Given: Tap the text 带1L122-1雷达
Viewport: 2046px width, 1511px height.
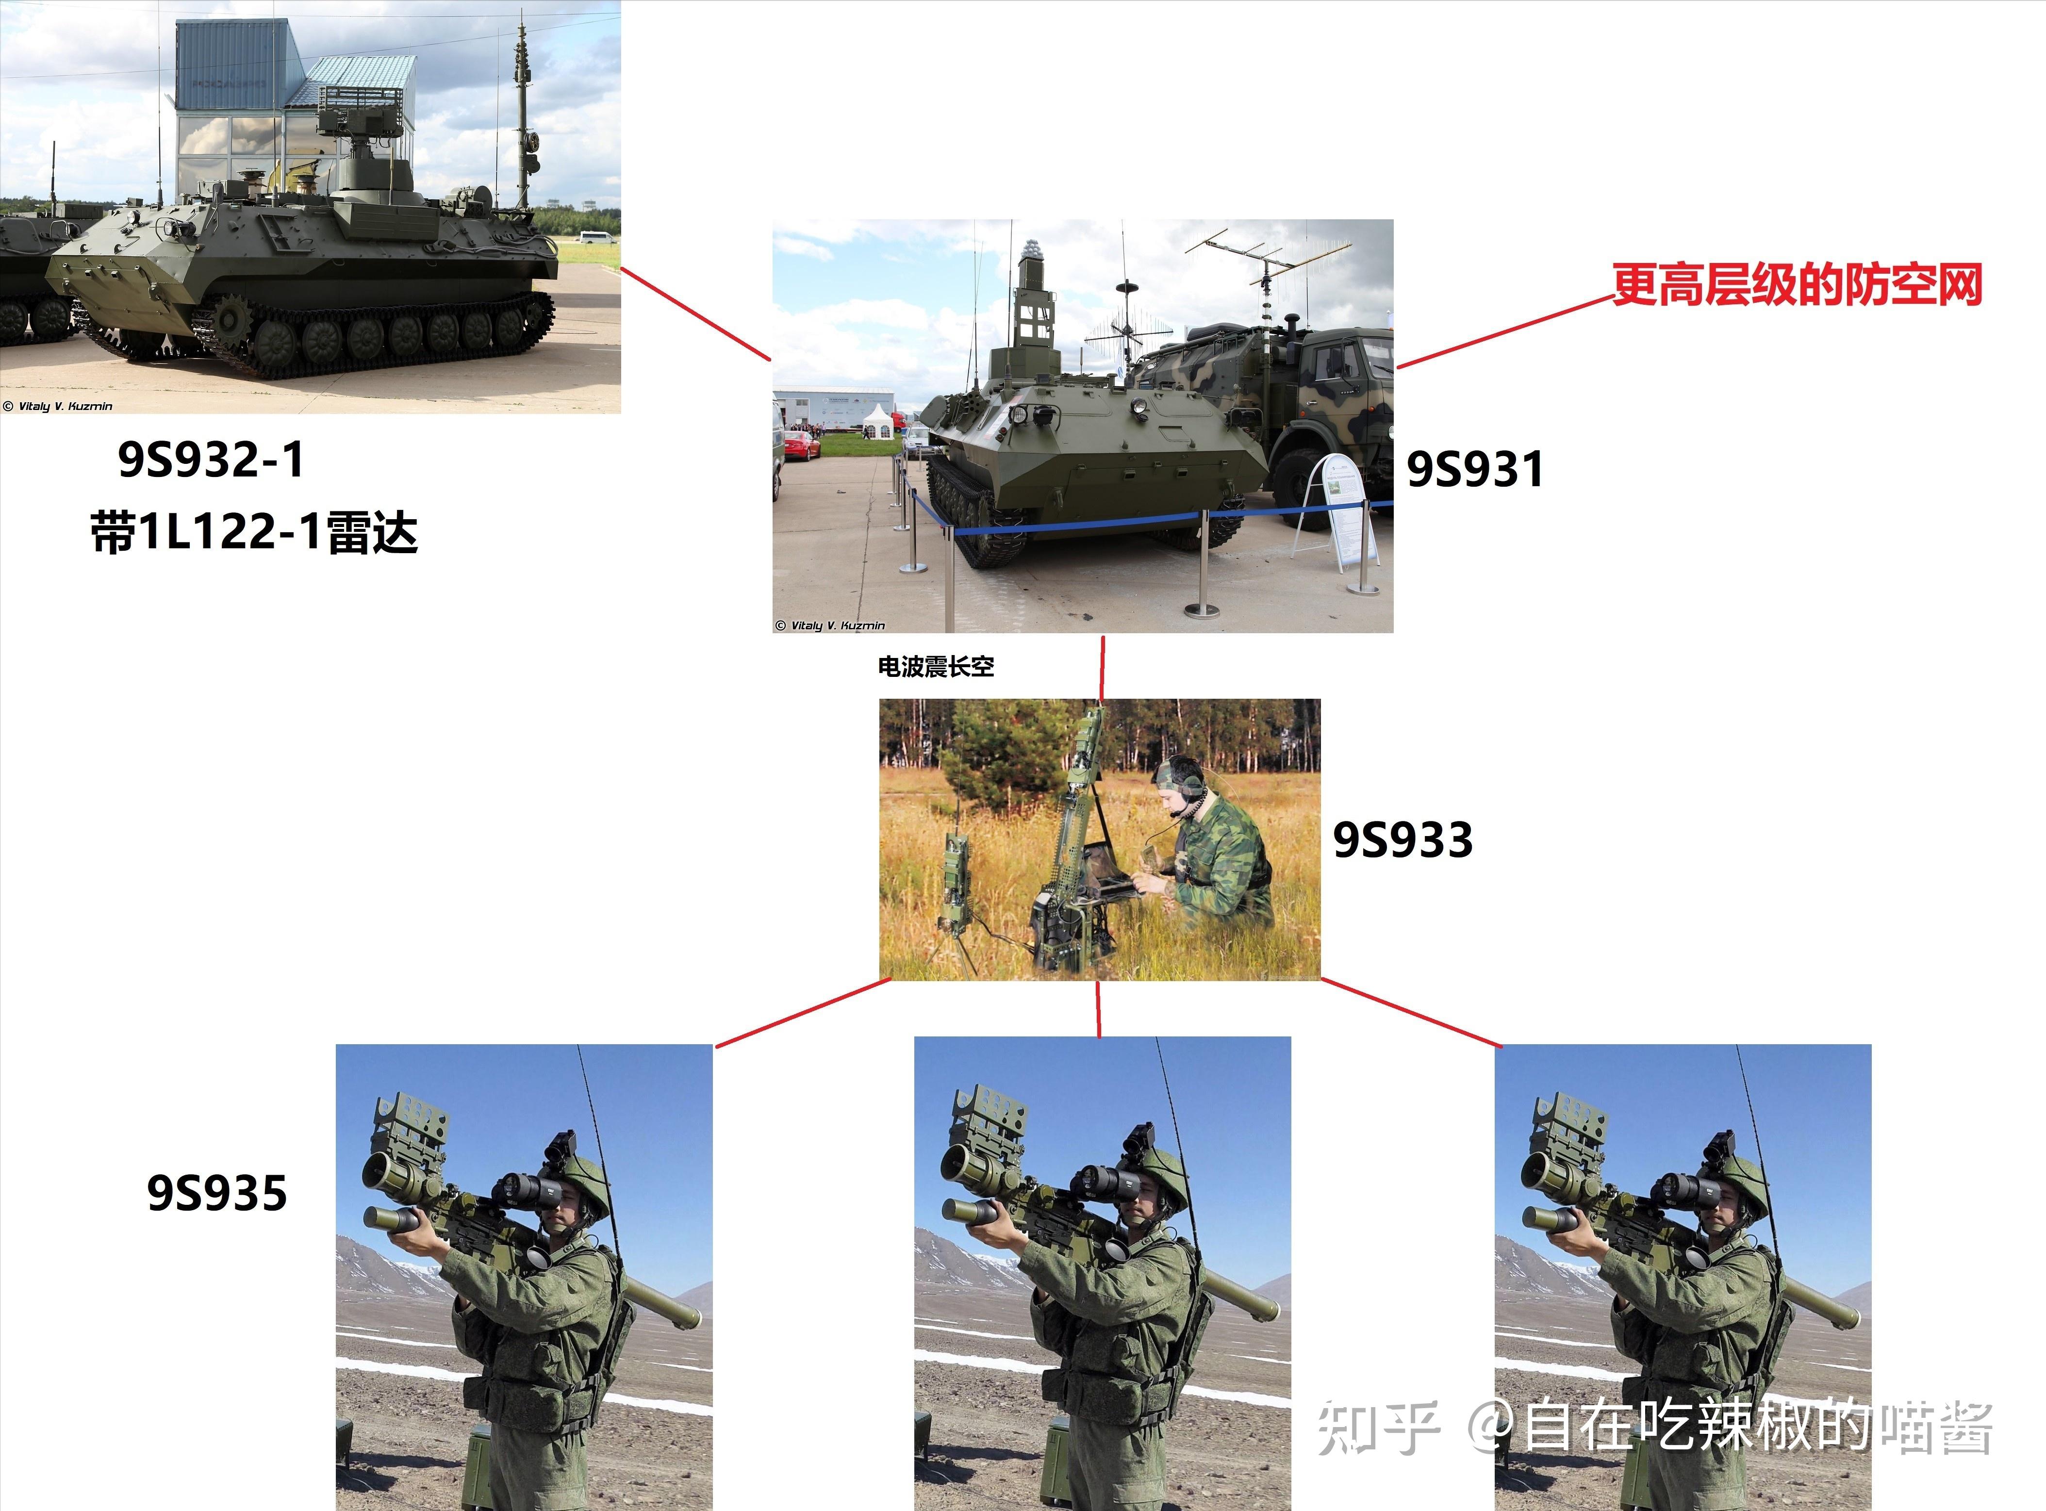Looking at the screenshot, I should click(x=254, y=532).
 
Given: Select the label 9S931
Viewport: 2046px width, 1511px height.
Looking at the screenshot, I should click(x=1474, y=469).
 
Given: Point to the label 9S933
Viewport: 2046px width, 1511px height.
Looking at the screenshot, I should click(x=1402, y=839).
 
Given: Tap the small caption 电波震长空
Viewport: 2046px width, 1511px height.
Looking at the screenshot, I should click(x=936, y=667).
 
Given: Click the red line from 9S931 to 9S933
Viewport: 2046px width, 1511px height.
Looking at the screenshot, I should click(x=1102, y=668).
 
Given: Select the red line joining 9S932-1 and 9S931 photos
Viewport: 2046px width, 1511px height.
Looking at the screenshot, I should click(x=695, y=314).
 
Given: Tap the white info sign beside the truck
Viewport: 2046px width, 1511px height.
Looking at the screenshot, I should click(x=1344, y=508).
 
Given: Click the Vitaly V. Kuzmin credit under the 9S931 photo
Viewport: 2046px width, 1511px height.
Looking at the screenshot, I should click(x=830, y=625).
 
